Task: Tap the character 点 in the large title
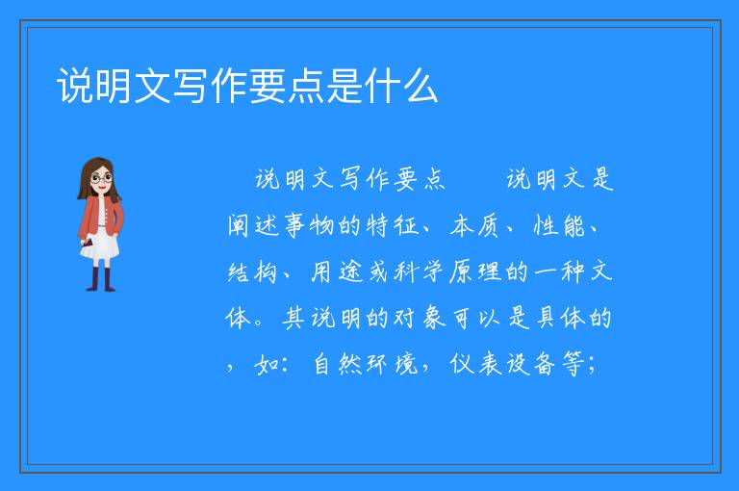(306, 86)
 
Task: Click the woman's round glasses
(102, 178)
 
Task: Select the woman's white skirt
(100, 245)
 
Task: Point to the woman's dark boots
(101, 279)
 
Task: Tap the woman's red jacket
(100, 216)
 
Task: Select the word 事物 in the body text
(309, 225)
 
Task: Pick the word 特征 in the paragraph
(393, 225)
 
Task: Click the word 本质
(474, 225)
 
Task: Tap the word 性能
(558, 225)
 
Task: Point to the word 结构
(252, 271)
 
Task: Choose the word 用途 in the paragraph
(337, 271)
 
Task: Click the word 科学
(420, 271)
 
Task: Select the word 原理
(475, 271)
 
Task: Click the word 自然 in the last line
(337, 364)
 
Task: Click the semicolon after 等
(592, 366)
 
